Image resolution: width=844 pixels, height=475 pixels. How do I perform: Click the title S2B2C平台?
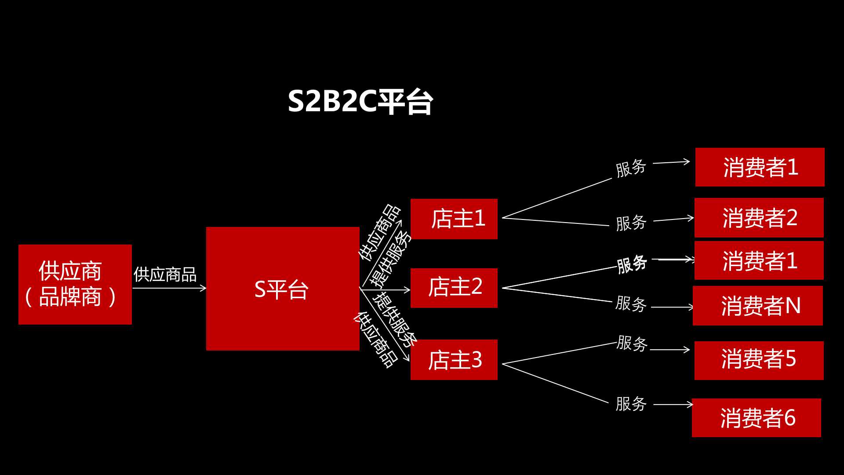(360, 102)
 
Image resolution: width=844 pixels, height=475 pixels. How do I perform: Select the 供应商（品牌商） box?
(75, 285)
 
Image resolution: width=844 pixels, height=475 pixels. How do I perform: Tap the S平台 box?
(283, 289)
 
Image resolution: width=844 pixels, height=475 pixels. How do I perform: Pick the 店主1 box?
(454, 219)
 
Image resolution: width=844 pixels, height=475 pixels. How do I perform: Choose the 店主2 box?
(454, 288)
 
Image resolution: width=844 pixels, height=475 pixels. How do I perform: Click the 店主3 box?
(454, 360)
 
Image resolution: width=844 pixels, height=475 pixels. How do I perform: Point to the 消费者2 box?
(759, 218)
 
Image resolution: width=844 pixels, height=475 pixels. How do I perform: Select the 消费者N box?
(758, 306)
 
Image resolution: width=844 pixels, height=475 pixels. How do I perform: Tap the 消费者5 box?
(759, 361)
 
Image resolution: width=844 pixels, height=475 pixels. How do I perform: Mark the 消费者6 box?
(757, 418)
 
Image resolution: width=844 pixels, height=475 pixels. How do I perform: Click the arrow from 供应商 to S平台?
(169, 289)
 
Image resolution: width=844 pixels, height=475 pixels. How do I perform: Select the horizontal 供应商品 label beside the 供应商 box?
(165, 274)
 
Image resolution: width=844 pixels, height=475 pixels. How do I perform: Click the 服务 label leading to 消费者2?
(631, 223)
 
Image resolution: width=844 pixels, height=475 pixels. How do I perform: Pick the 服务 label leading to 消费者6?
(631, 404)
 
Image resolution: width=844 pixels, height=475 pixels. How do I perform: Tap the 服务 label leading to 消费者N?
(631, 303)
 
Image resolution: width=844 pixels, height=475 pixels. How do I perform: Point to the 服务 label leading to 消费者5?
(632, 343)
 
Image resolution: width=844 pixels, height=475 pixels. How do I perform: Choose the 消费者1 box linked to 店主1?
(760, 167)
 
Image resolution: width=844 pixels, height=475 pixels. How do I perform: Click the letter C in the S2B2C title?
(368, 102)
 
